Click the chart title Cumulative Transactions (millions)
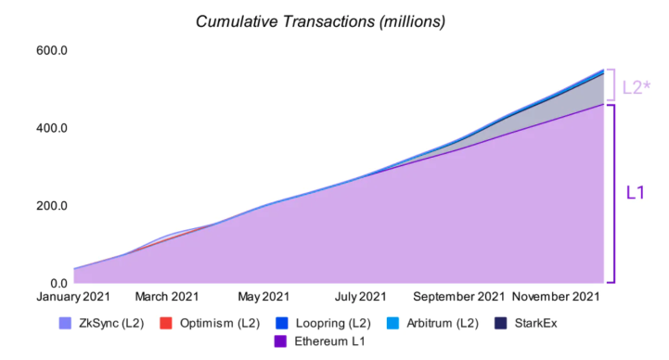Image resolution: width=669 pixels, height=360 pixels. [x=320, y=21]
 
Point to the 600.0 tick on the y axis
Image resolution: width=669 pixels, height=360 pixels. [x=52, y=50]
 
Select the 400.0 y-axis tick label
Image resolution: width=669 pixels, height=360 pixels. [x=52, y=128]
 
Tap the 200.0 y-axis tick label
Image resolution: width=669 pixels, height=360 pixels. [x=52, y=206]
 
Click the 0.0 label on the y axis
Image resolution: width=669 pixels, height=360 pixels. [x=58, y=283]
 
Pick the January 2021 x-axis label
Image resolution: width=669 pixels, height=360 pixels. [x=73, y=297]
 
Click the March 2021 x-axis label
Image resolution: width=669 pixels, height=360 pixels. [x=167, y=297]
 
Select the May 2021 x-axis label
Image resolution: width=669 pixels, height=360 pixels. [x=264, y=297]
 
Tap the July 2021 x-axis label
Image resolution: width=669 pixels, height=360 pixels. [x=361, y=297]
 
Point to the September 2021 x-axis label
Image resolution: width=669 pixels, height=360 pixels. [x=459, y=297]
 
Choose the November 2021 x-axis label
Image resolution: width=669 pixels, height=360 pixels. [x=556, y=297]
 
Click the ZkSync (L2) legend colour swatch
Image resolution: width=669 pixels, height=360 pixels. [x=65, y=323]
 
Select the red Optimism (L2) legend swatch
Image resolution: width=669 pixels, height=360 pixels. [x=166, y=323]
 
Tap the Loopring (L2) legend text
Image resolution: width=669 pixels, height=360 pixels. [x=333, y=323]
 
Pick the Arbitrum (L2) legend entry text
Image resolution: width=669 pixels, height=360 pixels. [x=443, y=323]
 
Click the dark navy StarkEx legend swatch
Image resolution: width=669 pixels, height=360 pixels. [x=500, y=323]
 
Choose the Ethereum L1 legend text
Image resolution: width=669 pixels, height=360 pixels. [x=329, y=341]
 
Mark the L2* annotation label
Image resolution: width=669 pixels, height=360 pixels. [x=637, y=87]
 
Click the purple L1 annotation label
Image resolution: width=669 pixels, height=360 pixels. [x=635, y=193]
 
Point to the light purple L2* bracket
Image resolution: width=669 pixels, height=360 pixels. [x=613, y=84]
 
